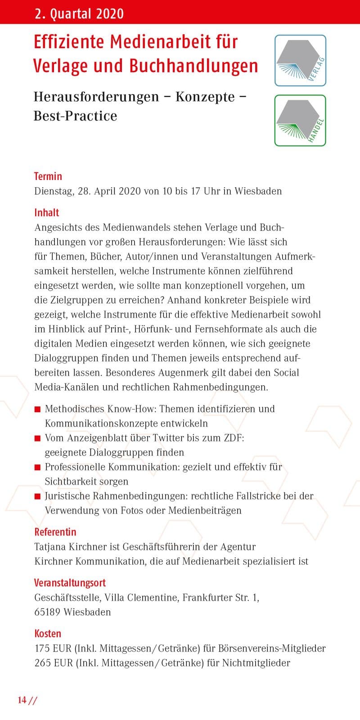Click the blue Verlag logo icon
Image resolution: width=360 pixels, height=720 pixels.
300,60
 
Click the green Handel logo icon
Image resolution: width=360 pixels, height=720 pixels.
300,121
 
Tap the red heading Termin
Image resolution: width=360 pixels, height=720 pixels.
48,176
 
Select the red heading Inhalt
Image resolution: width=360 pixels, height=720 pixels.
47,212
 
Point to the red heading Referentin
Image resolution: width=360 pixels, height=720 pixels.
55,532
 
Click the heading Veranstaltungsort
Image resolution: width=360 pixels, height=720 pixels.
70,583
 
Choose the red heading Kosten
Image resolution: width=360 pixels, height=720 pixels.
48,634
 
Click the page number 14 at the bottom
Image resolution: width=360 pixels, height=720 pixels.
22,700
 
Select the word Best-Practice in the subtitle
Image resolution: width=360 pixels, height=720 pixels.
75,116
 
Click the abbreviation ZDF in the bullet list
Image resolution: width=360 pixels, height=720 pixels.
234,438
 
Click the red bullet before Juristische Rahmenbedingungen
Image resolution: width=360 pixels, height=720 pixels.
38,497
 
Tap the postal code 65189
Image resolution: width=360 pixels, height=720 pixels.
47,612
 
